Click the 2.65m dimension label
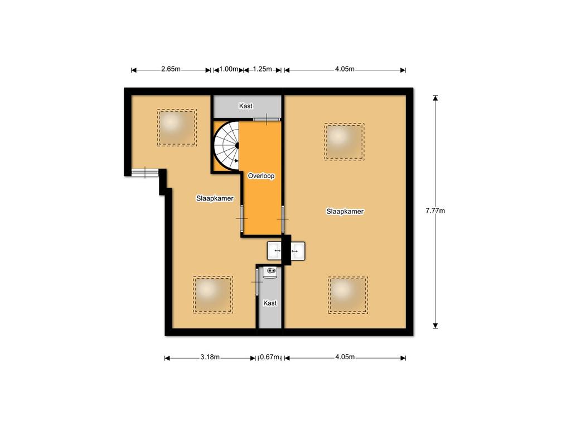click(171, 69)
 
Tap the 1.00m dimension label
click(229, 69)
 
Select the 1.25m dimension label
click(262, 69)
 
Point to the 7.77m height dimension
click(435, 211)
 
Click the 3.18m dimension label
click(210, 357)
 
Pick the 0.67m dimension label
click(270, 357)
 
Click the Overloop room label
click(261, 176)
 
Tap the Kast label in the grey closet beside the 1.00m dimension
click(246, 106)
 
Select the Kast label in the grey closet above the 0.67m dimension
click(270, 303)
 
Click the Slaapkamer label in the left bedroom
click(215, 198)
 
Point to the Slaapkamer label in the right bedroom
click(345, 211)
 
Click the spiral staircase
click(226, 146)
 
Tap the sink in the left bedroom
click(274, 251)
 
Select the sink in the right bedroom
click(298, 251)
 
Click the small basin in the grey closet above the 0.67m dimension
click(270, 272)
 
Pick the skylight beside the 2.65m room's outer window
click(177, 128)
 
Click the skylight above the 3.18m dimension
click(213, 295)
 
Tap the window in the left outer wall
click(145, 172)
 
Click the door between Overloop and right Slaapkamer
click(283, 219)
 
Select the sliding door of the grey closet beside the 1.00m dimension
click(267, 119)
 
